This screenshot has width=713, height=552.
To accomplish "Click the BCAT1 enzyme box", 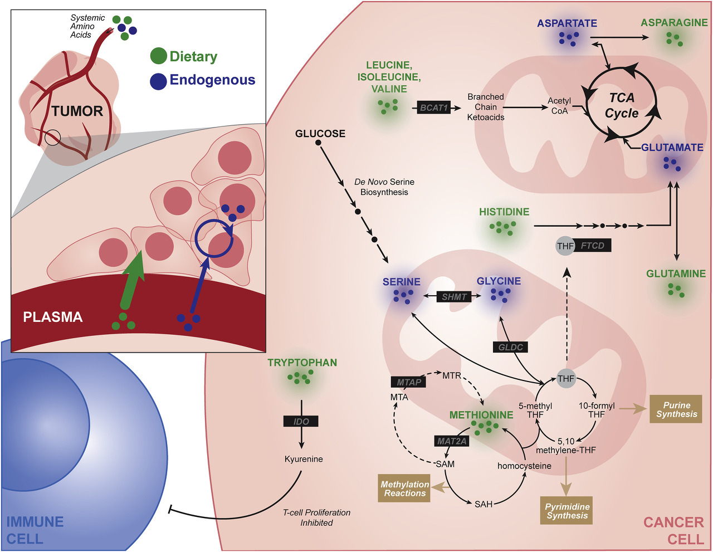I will point(434,108).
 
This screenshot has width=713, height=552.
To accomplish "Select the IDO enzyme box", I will point(301,422).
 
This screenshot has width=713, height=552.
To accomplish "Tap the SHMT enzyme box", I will point(454,297).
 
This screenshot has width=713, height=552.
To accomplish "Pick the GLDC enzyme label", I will point(510,347).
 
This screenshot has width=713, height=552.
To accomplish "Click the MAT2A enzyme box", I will point(452,441).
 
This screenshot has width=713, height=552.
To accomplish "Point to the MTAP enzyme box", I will point(409,382).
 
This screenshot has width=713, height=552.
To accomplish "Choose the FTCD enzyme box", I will point(592,246).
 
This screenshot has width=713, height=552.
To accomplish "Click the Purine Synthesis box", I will point(676,409).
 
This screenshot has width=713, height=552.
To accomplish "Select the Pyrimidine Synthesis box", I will point(567,511).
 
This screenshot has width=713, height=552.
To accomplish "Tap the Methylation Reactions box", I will point(405,489).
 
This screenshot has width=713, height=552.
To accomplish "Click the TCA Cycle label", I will point(622,105).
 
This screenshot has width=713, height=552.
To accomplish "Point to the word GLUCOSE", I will point(320,134).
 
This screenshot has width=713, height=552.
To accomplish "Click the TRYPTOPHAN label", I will point(302,363).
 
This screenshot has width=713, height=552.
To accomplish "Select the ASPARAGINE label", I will point(674,23).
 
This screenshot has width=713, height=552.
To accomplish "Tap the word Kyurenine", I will point(304,459).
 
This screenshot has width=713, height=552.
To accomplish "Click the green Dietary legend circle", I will point(159,56).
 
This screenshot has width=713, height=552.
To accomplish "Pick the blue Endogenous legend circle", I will point(159,81).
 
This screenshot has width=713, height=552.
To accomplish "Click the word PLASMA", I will point(53,317).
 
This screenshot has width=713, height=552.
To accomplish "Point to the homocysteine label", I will point(524,466).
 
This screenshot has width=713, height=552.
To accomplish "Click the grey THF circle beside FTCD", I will point(565,246).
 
